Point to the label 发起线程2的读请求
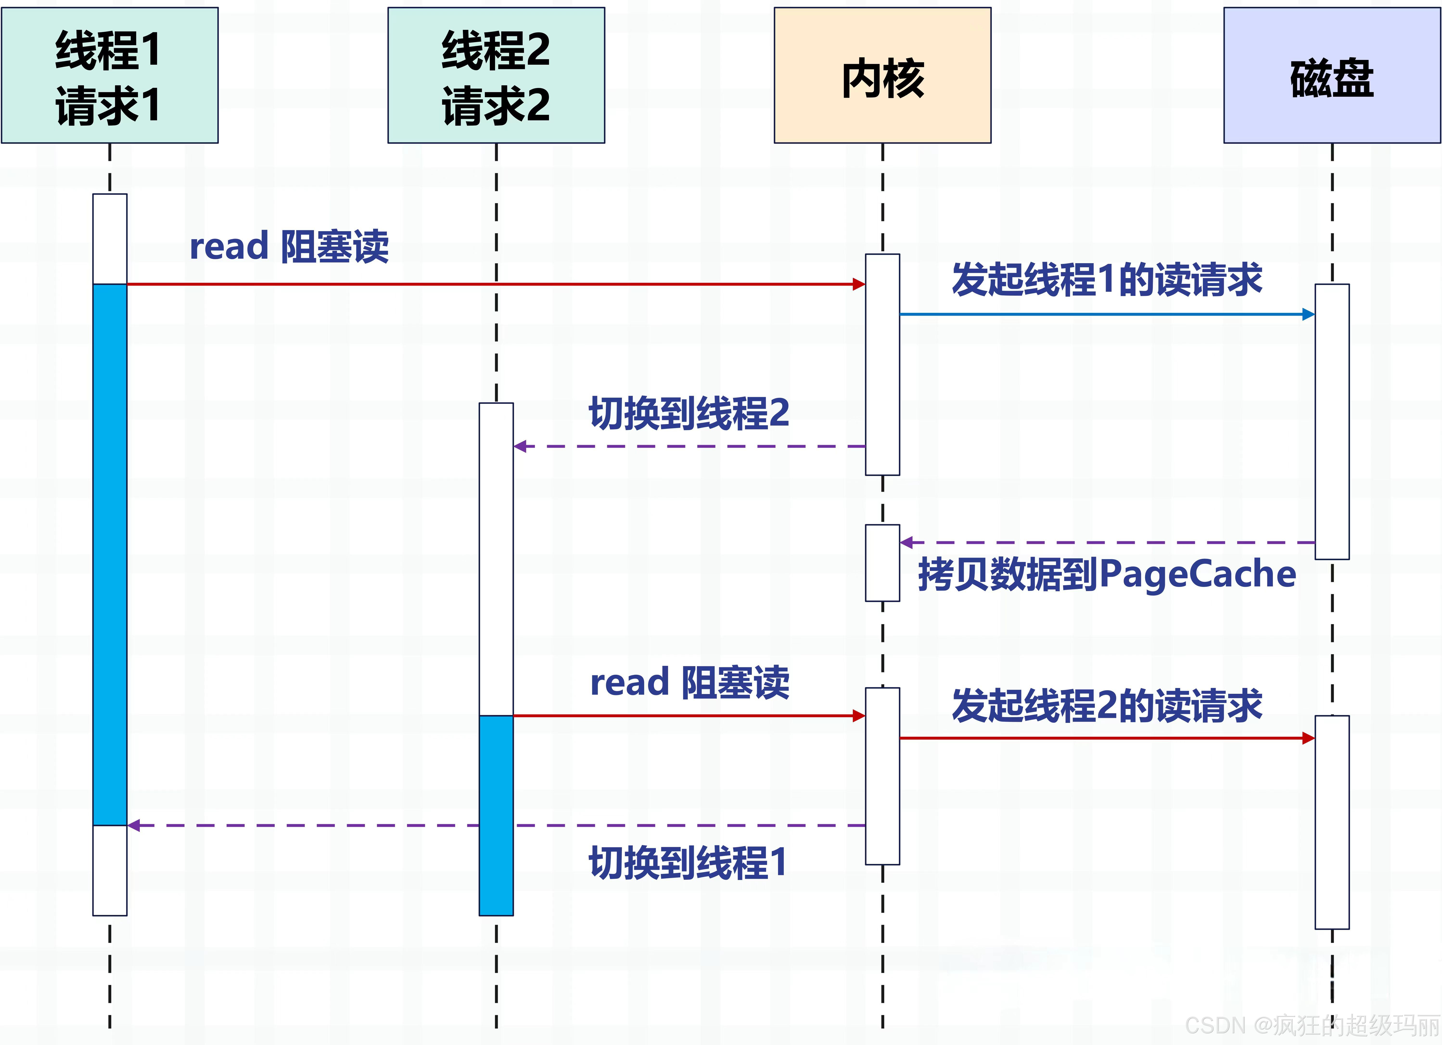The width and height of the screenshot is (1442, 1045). pyautogui.click(x=1106, y=706)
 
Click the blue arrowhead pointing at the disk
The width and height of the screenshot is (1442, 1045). pyautogui.click(x=1308, y=314)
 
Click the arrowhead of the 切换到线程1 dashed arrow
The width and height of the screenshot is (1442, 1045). pyautogui.click(x=134, y=825)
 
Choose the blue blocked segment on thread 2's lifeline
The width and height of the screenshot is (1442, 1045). pyautogui.click(x=496, y=815)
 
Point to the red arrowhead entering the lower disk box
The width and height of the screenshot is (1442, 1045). pyautogui.click(x=1308, y=738)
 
